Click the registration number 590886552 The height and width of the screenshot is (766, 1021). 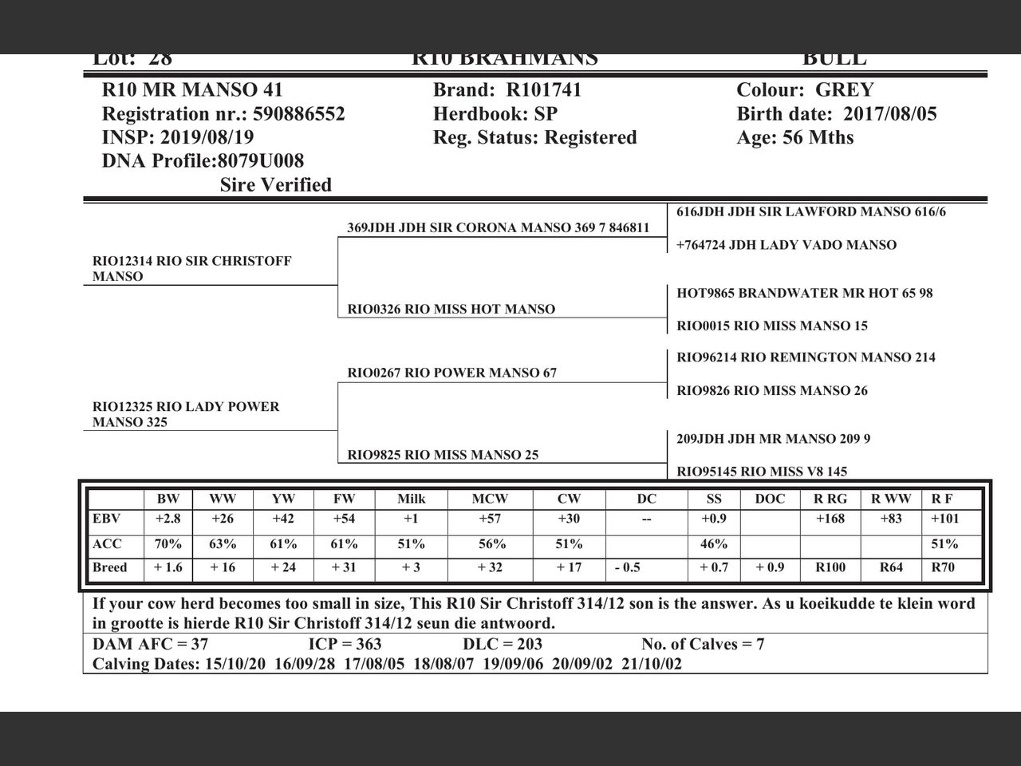[x=298, y=114]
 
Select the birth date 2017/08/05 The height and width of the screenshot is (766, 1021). [x=890, y=113]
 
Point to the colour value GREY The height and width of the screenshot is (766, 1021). [x=845, y=90]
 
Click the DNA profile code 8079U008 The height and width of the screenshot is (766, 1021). [x=261, y=161]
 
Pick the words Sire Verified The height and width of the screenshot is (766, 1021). [x=275, y=185]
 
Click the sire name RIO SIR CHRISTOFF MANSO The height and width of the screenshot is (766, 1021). [x=191, y=269]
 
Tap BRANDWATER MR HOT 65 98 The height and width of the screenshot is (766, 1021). [x=804, y=293]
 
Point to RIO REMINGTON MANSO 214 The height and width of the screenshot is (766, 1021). [x=806, y=357]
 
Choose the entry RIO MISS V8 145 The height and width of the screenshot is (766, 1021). [x=762, y=472]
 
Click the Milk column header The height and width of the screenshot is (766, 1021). [x=411, y=499]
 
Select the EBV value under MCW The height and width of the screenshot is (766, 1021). [x=489, y=519]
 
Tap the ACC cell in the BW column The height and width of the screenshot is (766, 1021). [x=168, y=544]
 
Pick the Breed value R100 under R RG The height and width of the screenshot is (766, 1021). [x=830, y=568]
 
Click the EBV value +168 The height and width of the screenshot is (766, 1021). [x=830, y=519]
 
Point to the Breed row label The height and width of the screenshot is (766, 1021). [x=110, y=568]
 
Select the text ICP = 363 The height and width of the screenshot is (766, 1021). [x=345, y=645]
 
